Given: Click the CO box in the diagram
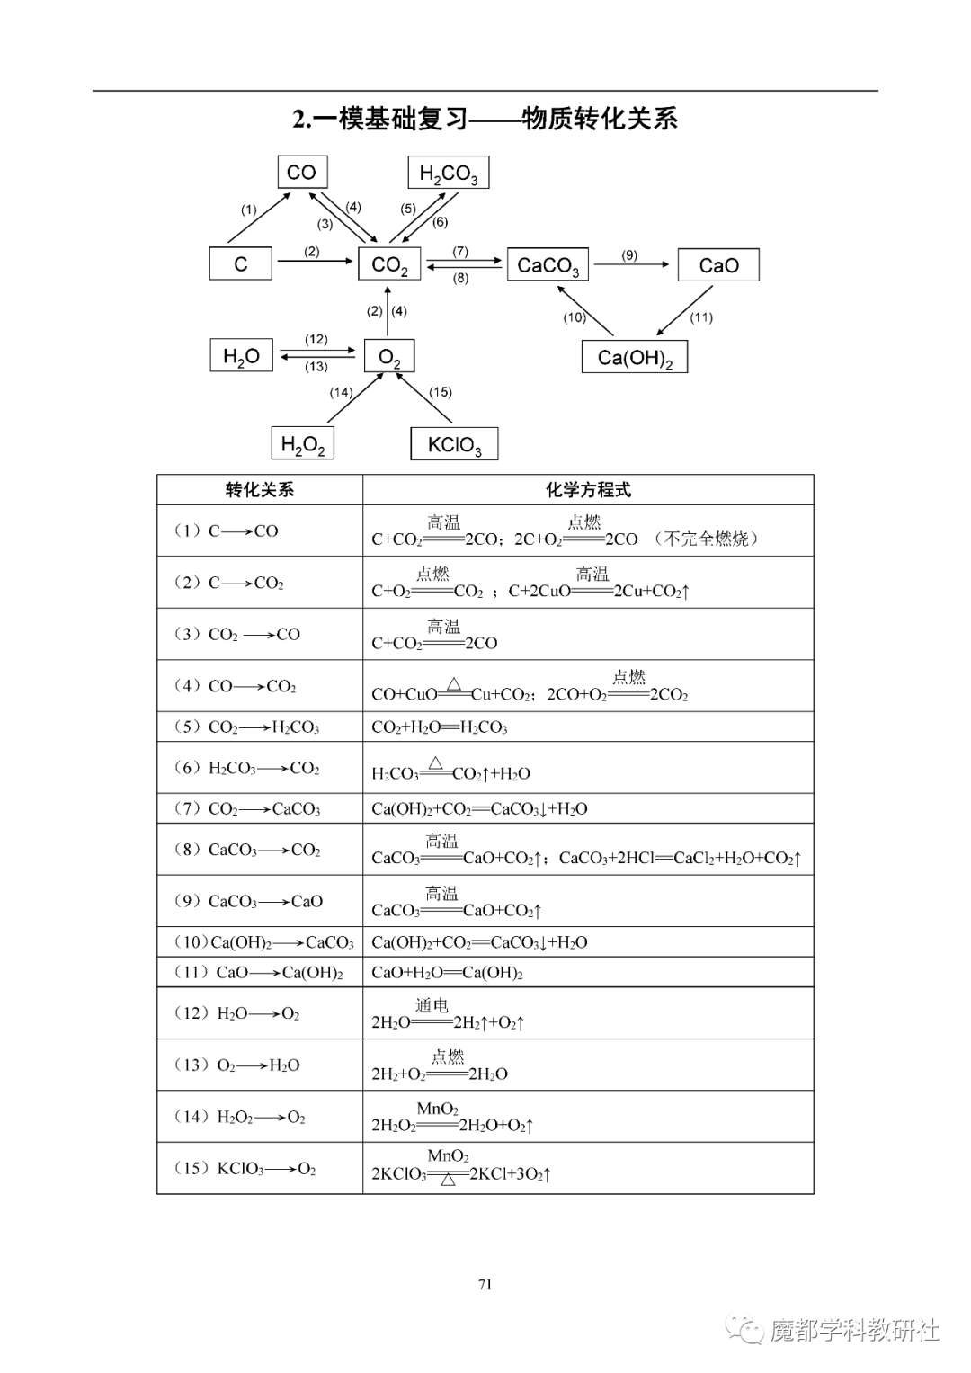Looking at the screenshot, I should [x=301, y=172].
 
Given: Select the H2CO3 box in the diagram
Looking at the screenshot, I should [x=449, y=173].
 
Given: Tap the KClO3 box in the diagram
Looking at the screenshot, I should [x=454, y=444].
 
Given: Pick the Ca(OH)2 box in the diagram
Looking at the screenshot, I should [x=635, y=357].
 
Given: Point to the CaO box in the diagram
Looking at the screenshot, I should [x=718, y=265].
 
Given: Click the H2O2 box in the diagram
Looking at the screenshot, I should [x=303, y=444].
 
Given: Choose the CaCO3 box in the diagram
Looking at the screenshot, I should [x=548, y=265].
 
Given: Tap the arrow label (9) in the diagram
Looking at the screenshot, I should [x=629, y=255].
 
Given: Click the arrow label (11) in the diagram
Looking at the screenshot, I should [x=701, y=317].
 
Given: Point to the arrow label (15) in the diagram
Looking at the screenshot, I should [x=441, y=392].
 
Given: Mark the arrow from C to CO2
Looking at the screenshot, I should [x=315, y=262].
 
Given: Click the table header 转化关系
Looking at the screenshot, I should [x=260, y=490].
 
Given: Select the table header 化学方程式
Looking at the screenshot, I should [x=588, y=490].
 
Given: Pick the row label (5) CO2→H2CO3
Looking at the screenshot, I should [x=247, y=727].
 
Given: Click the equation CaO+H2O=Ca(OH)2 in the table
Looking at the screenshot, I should [x=447, y=973].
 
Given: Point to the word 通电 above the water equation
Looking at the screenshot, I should [x=432, y=1005].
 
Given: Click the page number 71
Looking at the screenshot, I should [x=485, y=1284].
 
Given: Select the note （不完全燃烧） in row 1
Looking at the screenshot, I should [x=707, y=539].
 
